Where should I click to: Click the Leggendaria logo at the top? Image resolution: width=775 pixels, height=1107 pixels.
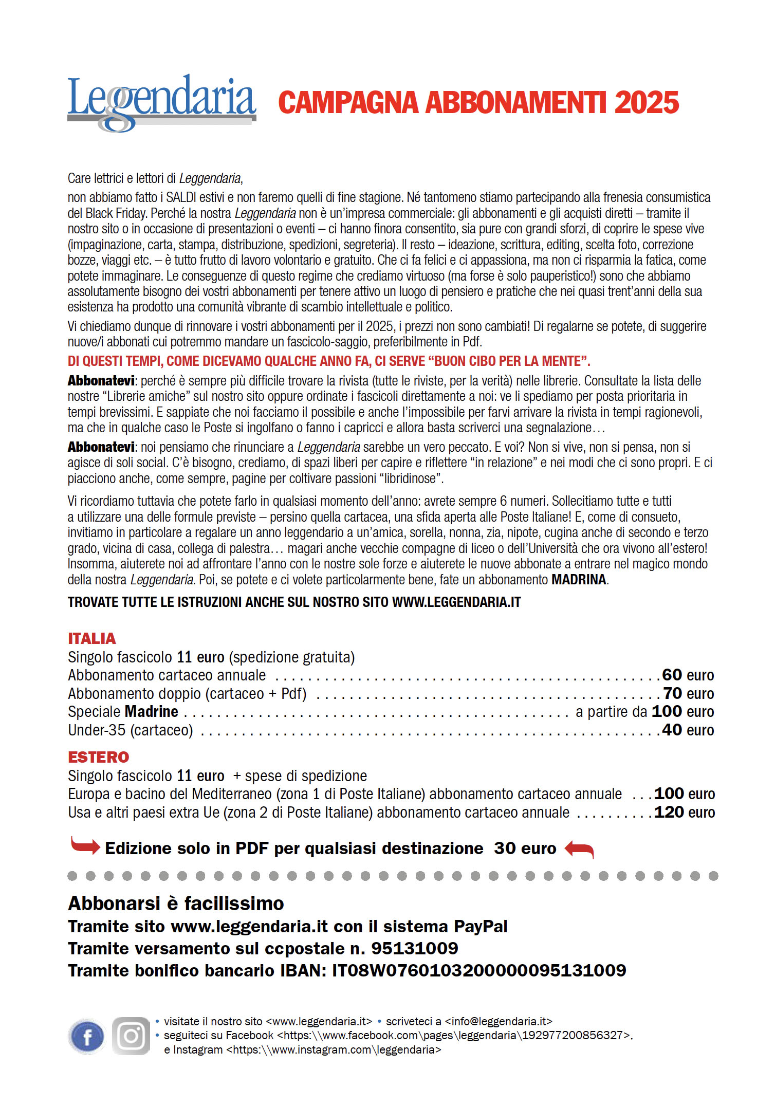click(x=161, y=102)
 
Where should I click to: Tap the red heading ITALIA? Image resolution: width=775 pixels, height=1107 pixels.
click(x=92, y=638)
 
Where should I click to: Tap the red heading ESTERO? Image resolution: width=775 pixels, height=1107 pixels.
click(x=99, y=757)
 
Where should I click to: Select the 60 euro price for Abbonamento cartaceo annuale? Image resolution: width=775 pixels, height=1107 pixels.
click(x=688, y=675)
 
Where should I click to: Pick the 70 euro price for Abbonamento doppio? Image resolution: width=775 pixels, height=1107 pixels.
click(x=688, y=693)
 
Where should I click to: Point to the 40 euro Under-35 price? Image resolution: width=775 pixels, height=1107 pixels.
click(x=688, y=730)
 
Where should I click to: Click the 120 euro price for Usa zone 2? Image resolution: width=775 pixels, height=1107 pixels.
click(x=684, y=812)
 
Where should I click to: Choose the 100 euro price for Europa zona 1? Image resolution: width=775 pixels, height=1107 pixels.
click(x=684, y=794)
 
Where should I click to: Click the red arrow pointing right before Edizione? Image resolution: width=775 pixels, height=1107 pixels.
click(x=85, y=845)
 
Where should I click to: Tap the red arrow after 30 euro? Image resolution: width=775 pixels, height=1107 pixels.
click(x=579, y=848)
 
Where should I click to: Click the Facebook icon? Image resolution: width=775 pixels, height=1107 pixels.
click(x=87, y=1037)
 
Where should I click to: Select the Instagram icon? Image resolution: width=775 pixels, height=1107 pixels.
click(x=131, y=1036)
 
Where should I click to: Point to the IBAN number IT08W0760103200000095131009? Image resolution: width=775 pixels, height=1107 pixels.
click(x=479, y=970)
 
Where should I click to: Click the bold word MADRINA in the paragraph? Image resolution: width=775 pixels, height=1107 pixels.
click(x=579, y=580)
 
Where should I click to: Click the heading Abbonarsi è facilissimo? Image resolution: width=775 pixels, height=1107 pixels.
click(x=176, y=903)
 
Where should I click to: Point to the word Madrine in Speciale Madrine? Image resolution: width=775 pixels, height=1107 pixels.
click(x=152, y=711)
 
